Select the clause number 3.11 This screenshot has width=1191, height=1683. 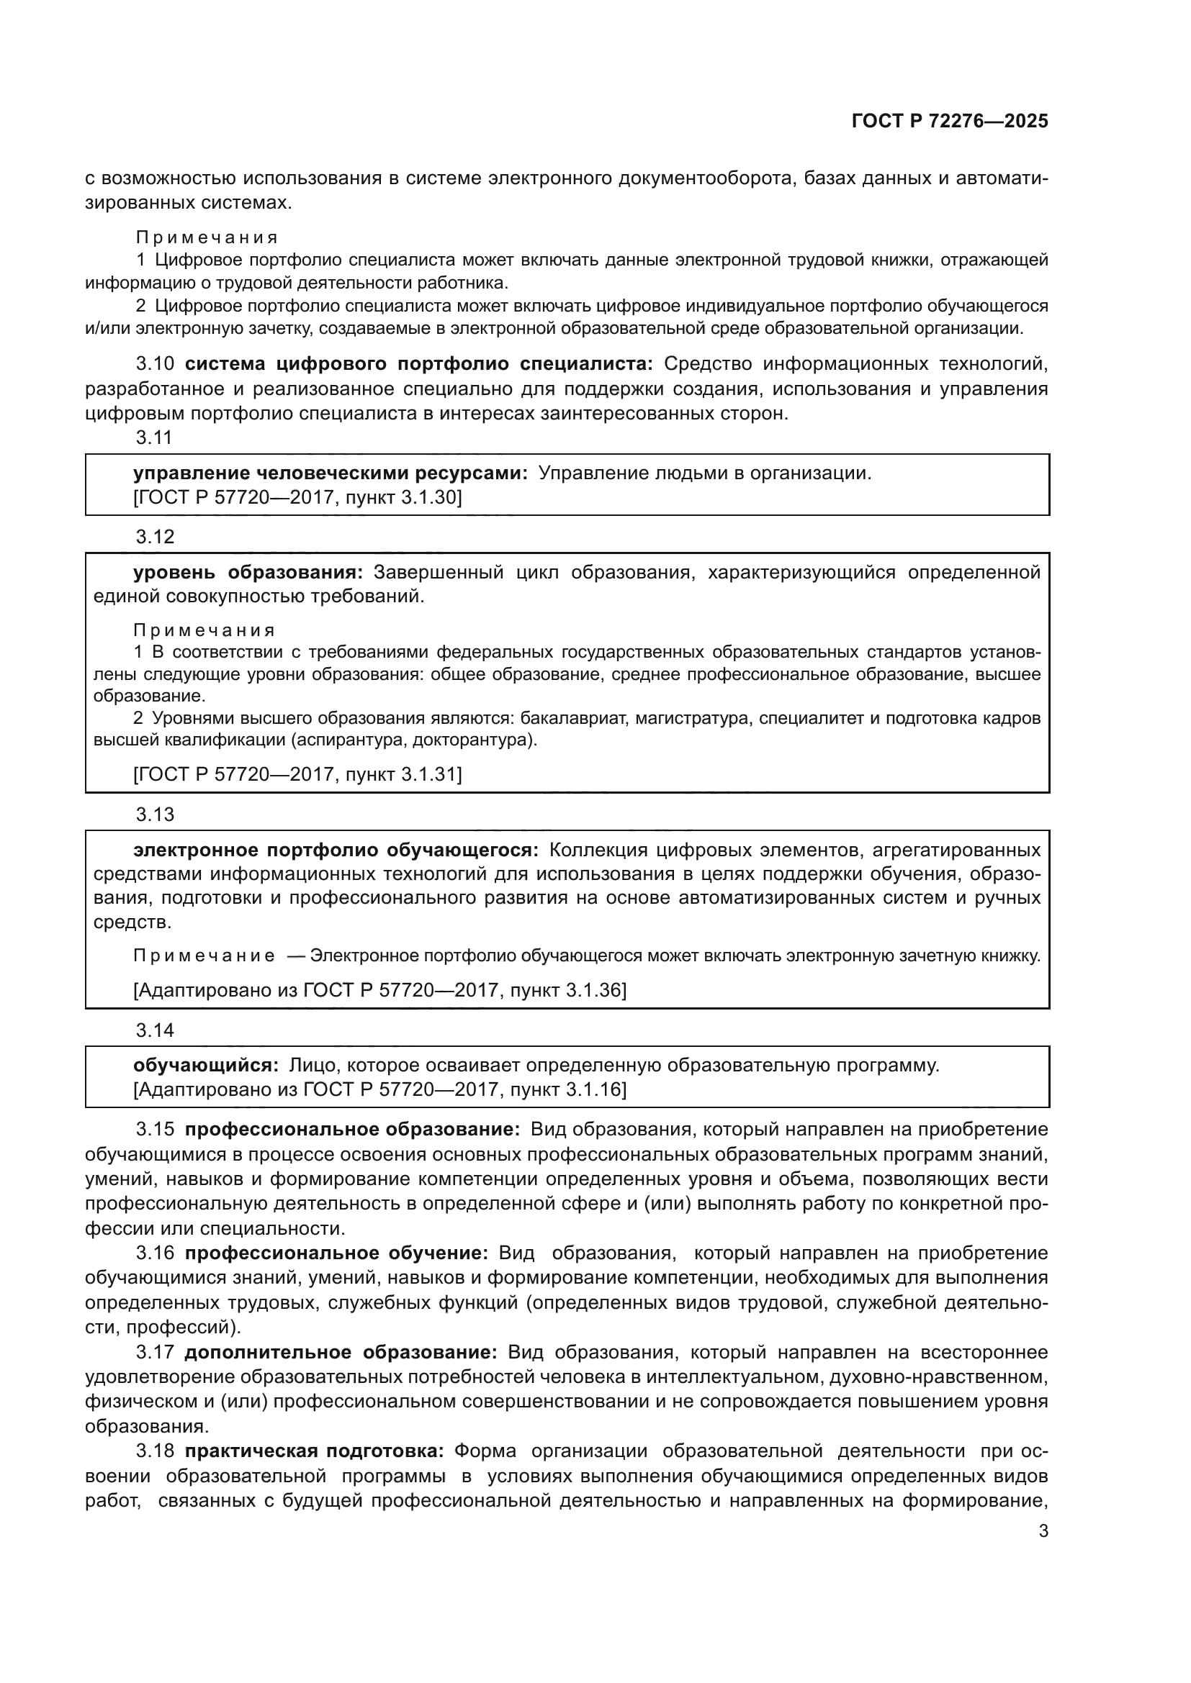(x=154, y=437)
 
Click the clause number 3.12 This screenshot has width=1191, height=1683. (x=155, y=537)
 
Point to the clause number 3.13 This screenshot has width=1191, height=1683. (x=155, y=815)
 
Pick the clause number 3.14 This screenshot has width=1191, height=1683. (x=155, y=1030)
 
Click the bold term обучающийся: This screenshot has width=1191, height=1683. (x=205, y=1065)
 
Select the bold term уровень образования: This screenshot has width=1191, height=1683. (x=248, y=572)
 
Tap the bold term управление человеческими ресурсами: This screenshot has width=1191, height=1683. (x=330, y=473)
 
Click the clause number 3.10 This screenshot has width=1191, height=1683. (x=155, y=363)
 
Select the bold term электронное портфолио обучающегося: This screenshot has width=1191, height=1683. (x=335, y=850)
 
